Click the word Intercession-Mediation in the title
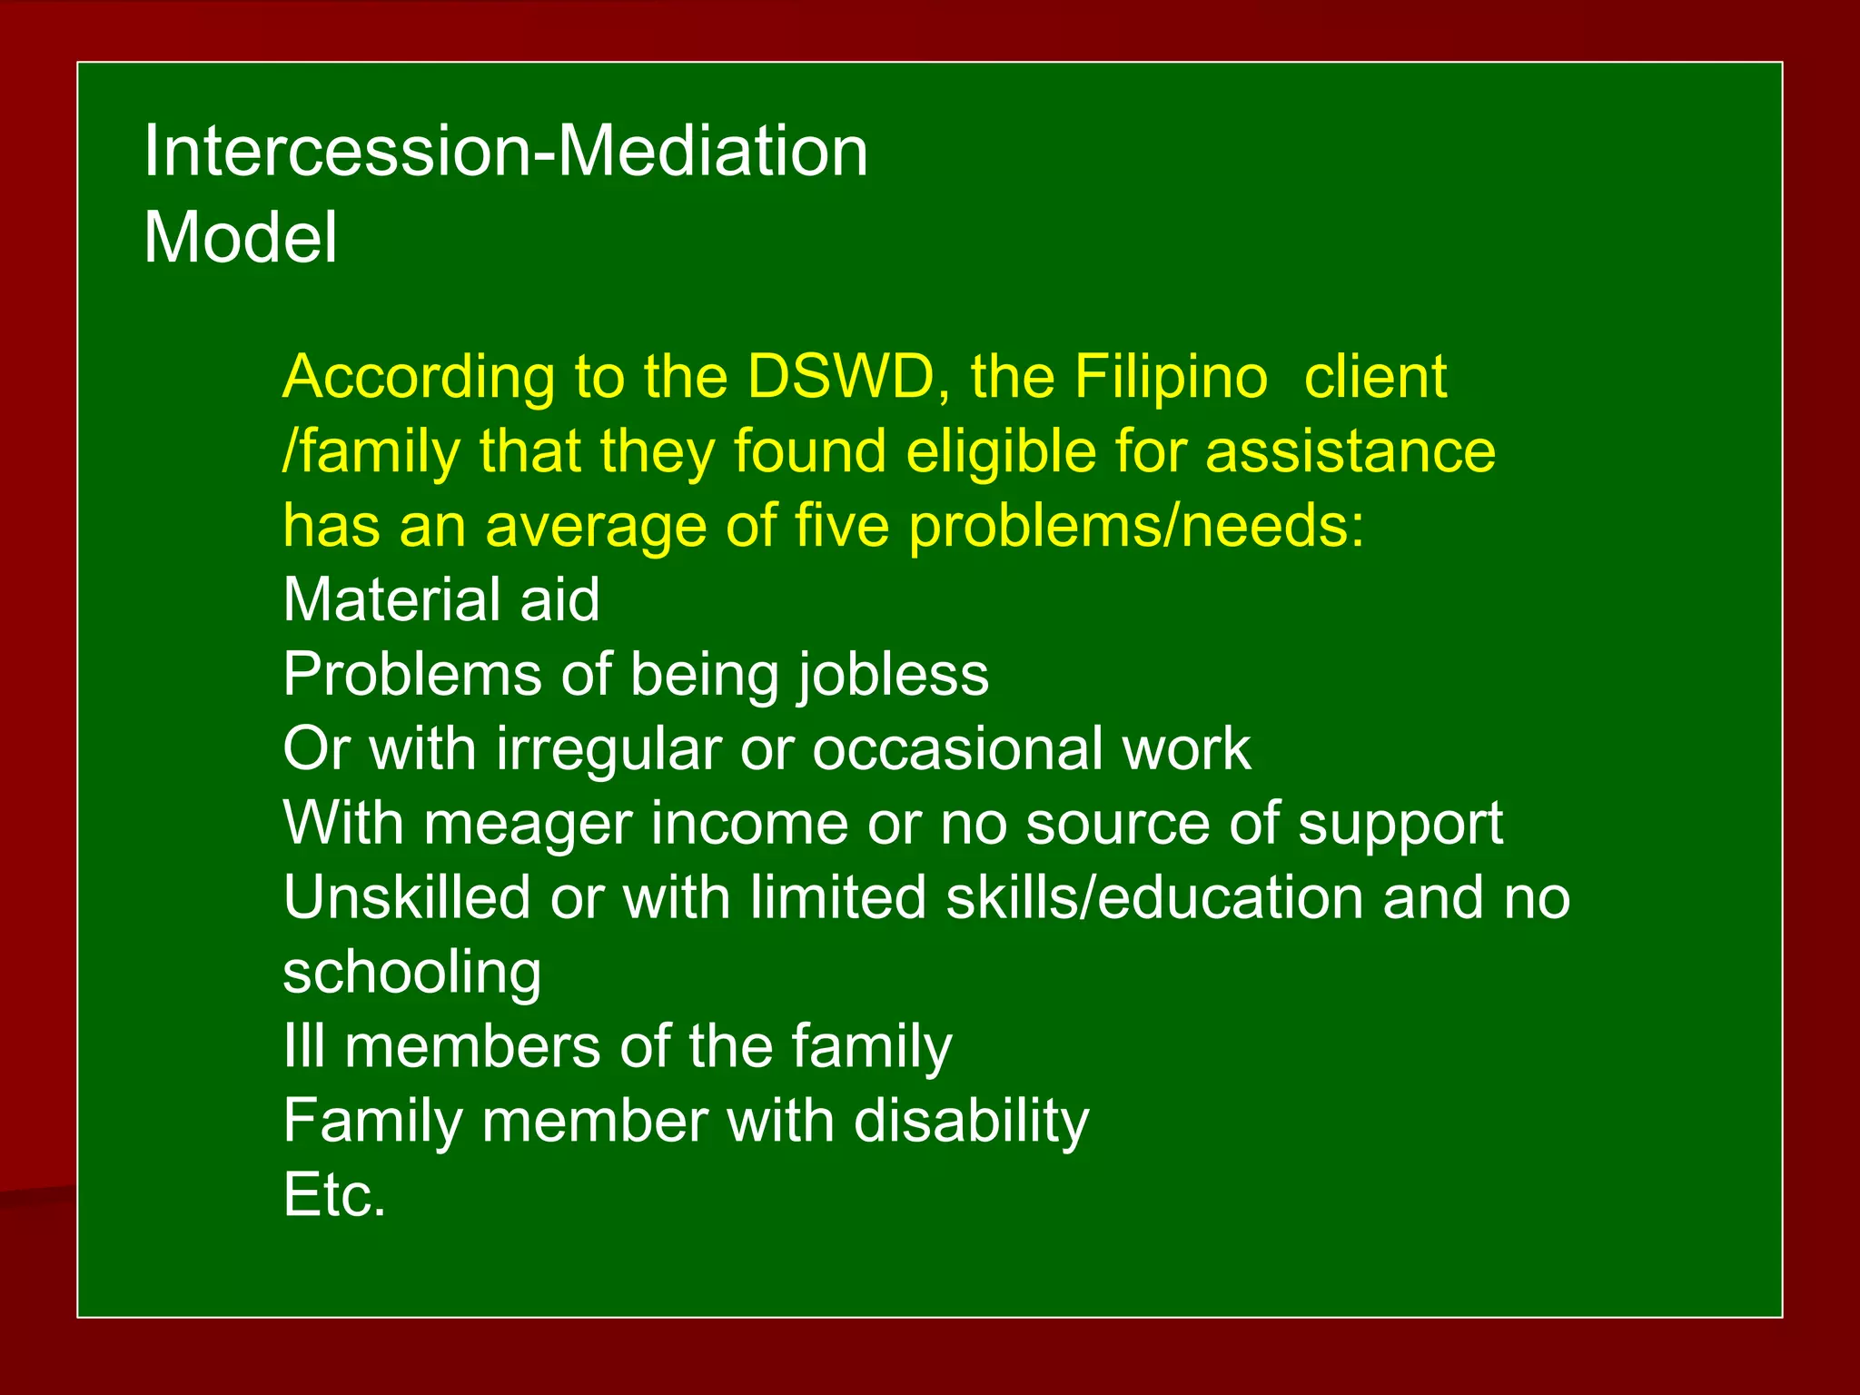(x=505, y=151)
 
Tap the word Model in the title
(x=241, y=238)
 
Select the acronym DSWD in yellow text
(x=840, y=377)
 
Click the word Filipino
(x=1171, y=377)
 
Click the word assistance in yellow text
(x=1350, y=451)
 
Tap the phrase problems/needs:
(x=1136, y=526)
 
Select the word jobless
(x=894, y=675)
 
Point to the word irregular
(x=608, y=749)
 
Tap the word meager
(x=528, y=824)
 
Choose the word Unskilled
(x=406, y=898)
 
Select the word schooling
(x=411, y=973)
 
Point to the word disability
(x=971, y=1121)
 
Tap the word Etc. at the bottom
(x=334, y=1195)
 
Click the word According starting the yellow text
(x=419, y=377)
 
